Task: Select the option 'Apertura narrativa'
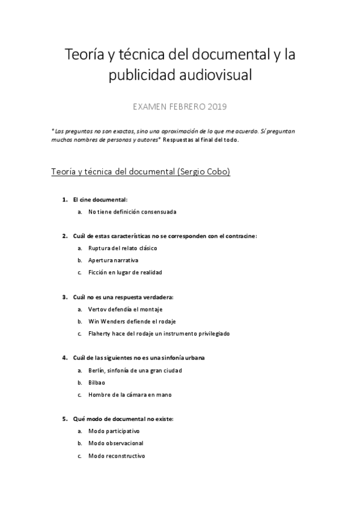tap(113, 260)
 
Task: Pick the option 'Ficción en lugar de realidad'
tap(124, 272)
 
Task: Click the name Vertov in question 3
tap(97, 309)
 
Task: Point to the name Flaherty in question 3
tap(100, 333)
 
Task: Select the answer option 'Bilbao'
tap(96, 382)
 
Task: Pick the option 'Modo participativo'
tap(114, 431)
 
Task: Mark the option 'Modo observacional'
tap(115, 443)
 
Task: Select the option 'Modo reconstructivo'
tap(117, 456)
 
